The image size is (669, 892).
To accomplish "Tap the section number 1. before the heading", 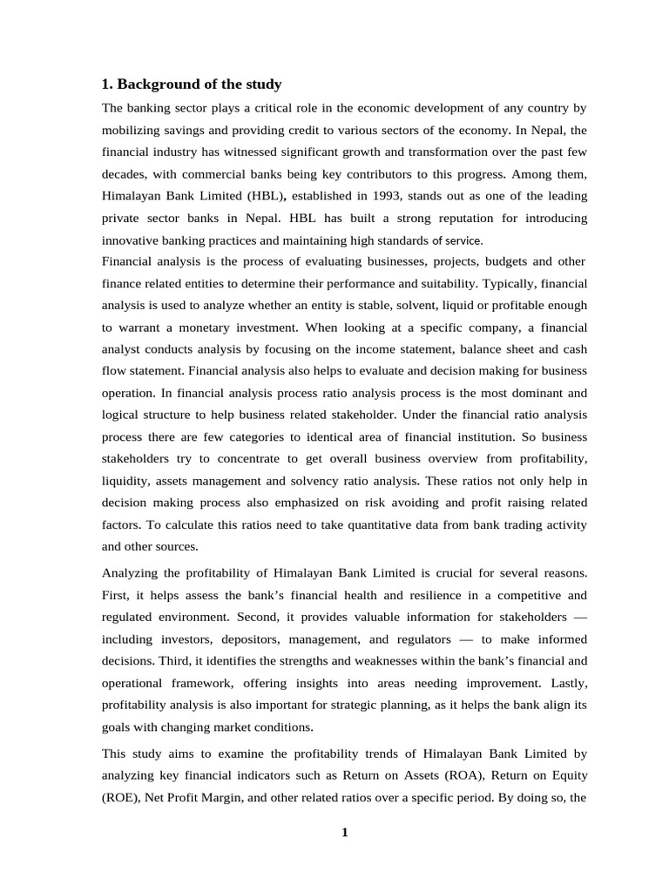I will coord(107,84).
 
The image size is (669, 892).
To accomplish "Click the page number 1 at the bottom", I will coord(344,832).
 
